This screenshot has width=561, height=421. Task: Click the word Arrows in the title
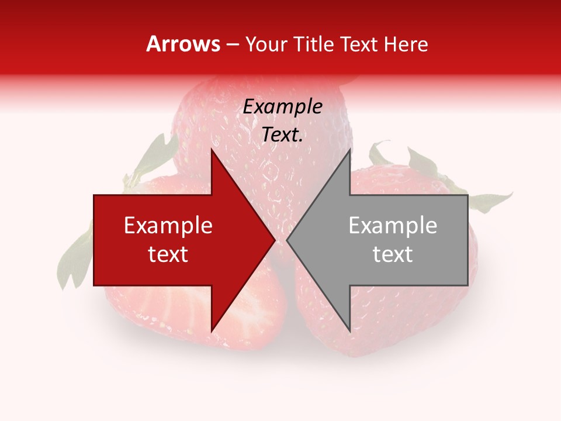[x=183, y=44]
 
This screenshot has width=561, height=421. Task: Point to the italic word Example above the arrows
[x=282, y=107]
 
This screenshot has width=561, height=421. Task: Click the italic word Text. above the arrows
[x=282, y=134]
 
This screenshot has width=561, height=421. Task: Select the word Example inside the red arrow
[x=168, y=226]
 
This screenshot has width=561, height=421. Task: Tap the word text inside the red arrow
[x=168, y=254]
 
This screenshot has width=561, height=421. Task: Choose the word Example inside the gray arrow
[x=393, y=226]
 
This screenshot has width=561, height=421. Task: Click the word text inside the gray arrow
[x=393, y=254]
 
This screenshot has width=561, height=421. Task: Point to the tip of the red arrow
[x=274, y=240]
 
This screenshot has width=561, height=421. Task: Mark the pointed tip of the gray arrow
[x=288, y=240]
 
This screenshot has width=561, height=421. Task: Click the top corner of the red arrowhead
[x=212, y=150]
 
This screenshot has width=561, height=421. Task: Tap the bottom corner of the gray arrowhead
[x=350, y=331]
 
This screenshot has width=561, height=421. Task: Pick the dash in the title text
[x=232, y=45]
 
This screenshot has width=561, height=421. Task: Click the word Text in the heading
[x=355, y=44]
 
